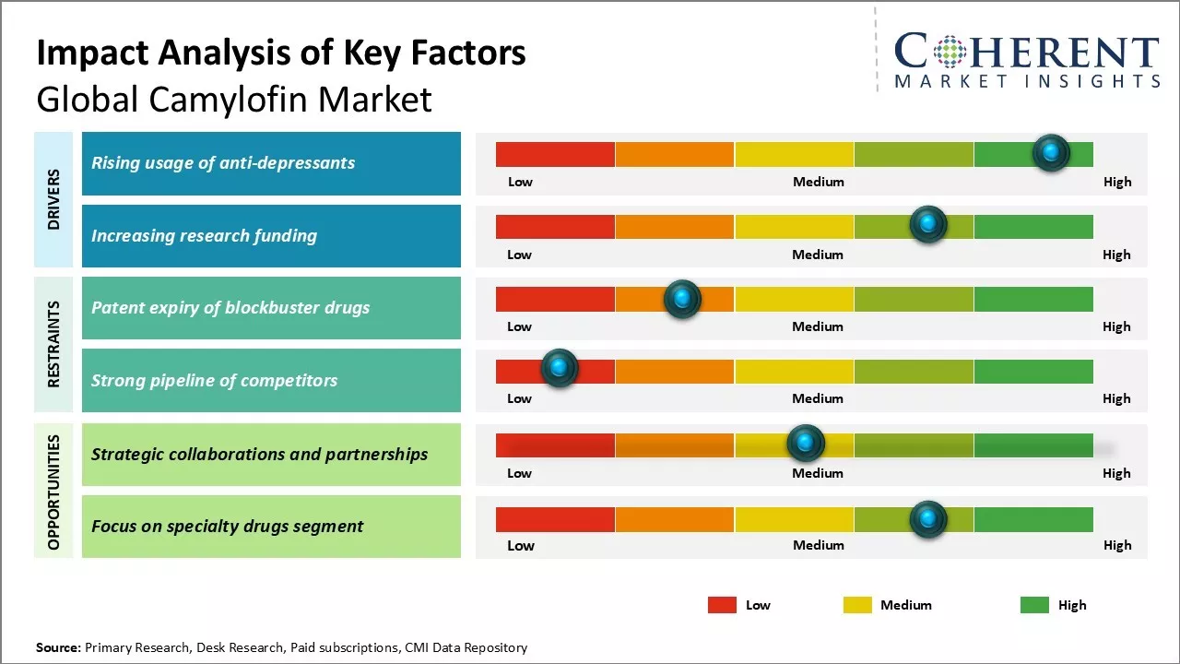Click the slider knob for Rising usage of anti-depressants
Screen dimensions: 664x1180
1051,152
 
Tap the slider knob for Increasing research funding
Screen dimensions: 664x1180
928,224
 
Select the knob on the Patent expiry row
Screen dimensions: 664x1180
682,298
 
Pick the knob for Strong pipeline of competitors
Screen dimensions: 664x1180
559,368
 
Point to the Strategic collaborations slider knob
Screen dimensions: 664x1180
806,444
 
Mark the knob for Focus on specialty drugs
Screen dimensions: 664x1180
928,519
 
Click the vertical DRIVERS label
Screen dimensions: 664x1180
53,199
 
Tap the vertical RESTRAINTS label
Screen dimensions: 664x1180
53,344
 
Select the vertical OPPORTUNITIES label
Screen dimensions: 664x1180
53,492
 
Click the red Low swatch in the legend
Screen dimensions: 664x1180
722,605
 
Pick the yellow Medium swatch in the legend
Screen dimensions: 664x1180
857,605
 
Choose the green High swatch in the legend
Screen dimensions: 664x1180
1034,605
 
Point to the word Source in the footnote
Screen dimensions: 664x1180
58,647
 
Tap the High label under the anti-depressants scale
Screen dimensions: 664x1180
1117,182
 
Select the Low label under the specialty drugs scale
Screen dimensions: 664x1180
521,545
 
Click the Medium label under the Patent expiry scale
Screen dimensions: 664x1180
818,326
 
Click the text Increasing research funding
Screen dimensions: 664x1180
204,235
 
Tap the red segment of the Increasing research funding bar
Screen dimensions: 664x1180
555,226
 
